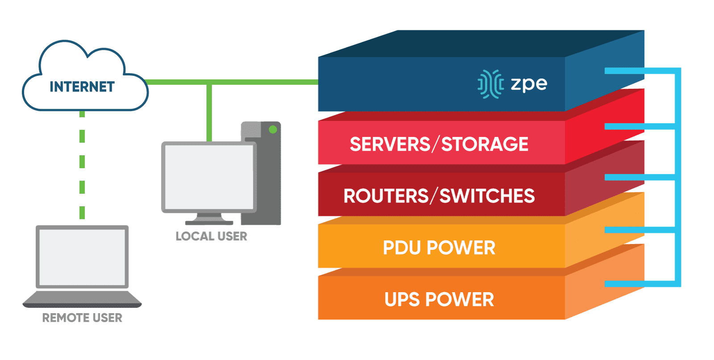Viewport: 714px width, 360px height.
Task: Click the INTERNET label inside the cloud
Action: pyautogui.click(x=82, y=87)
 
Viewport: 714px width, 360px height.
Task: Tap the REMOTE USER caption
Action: pyautogui.click(x=82, y=318)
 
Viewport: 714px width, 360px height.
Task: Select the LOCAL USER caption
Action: pyautogui.click(x=211, y=236)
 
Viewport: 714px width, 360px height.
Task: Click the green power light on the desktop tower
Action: pyautogui.click(x=273, y=130)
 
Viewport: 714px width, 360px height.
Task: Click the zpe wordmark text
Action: pyautogui.click(x=529, y=83)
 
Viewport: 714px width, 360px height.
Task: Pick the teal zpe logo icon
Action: pyautogui.click(x=490, y=83)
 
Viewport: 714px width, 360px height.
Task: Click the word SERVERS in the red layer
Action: pyautogui.click(x=390, y=144)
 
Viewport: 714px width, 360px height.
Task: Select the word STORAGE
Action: pyautogui.click(x=485, y=144)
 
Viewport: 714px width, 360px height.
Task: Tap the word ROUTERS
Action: pyautogui.click(x=386, y=196)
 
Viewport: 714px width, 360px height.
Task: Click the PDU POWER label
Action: pyautogui.click(x=439, y=248)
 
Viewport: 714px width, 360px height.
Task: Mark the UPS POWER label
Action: pyautogui.click(x=439, y=299)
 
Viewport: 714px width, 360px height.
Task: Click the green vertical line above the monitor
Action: pyautogui.click(x=209, y=112)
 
